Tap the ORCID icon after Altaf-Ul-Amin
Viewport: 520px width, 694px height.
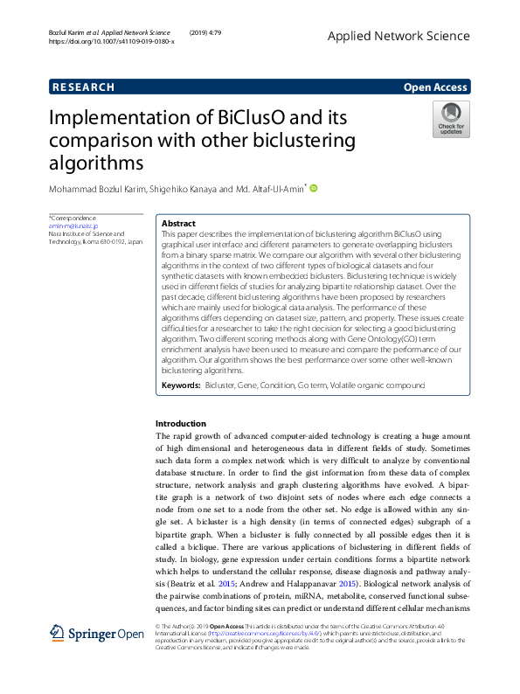pos(314,187)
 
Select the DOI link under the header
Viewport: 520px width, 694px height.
pos(111,41)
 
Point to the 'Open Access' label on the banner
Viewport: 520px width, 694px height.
pos(436,87)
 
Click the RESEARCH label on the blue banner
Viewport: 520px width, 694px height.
pos(83,87)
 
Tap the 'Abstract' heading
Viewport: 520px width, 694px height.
pos(179,224)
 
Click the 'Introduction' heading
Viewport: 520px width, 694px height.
pos(181,423)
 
